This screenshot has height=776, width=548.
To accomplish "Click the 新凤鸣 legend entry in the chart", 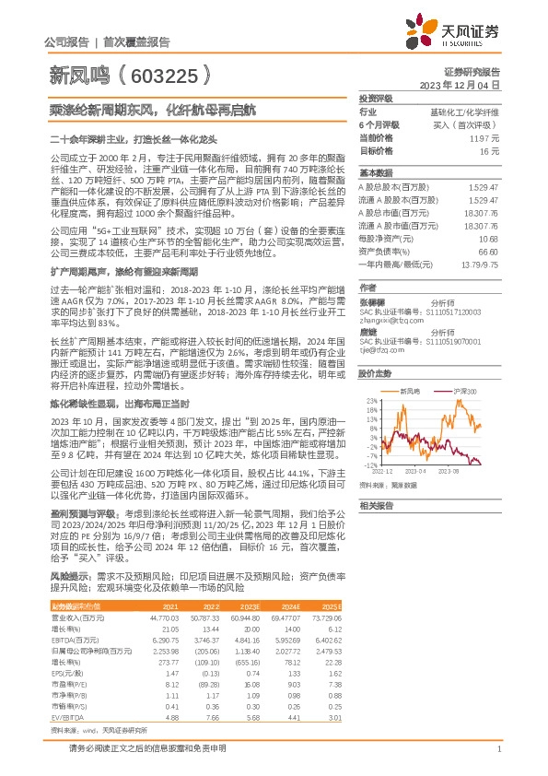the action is click(411, 391).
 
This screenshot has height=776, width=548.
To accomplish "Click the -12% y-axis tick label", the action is click(370, 465).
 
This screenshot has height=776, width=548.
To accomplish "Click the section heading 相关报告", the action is click(375, 506).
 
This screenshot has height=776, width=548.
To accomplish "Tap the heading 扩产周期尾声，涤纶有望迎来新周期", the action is click(110, 272).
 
